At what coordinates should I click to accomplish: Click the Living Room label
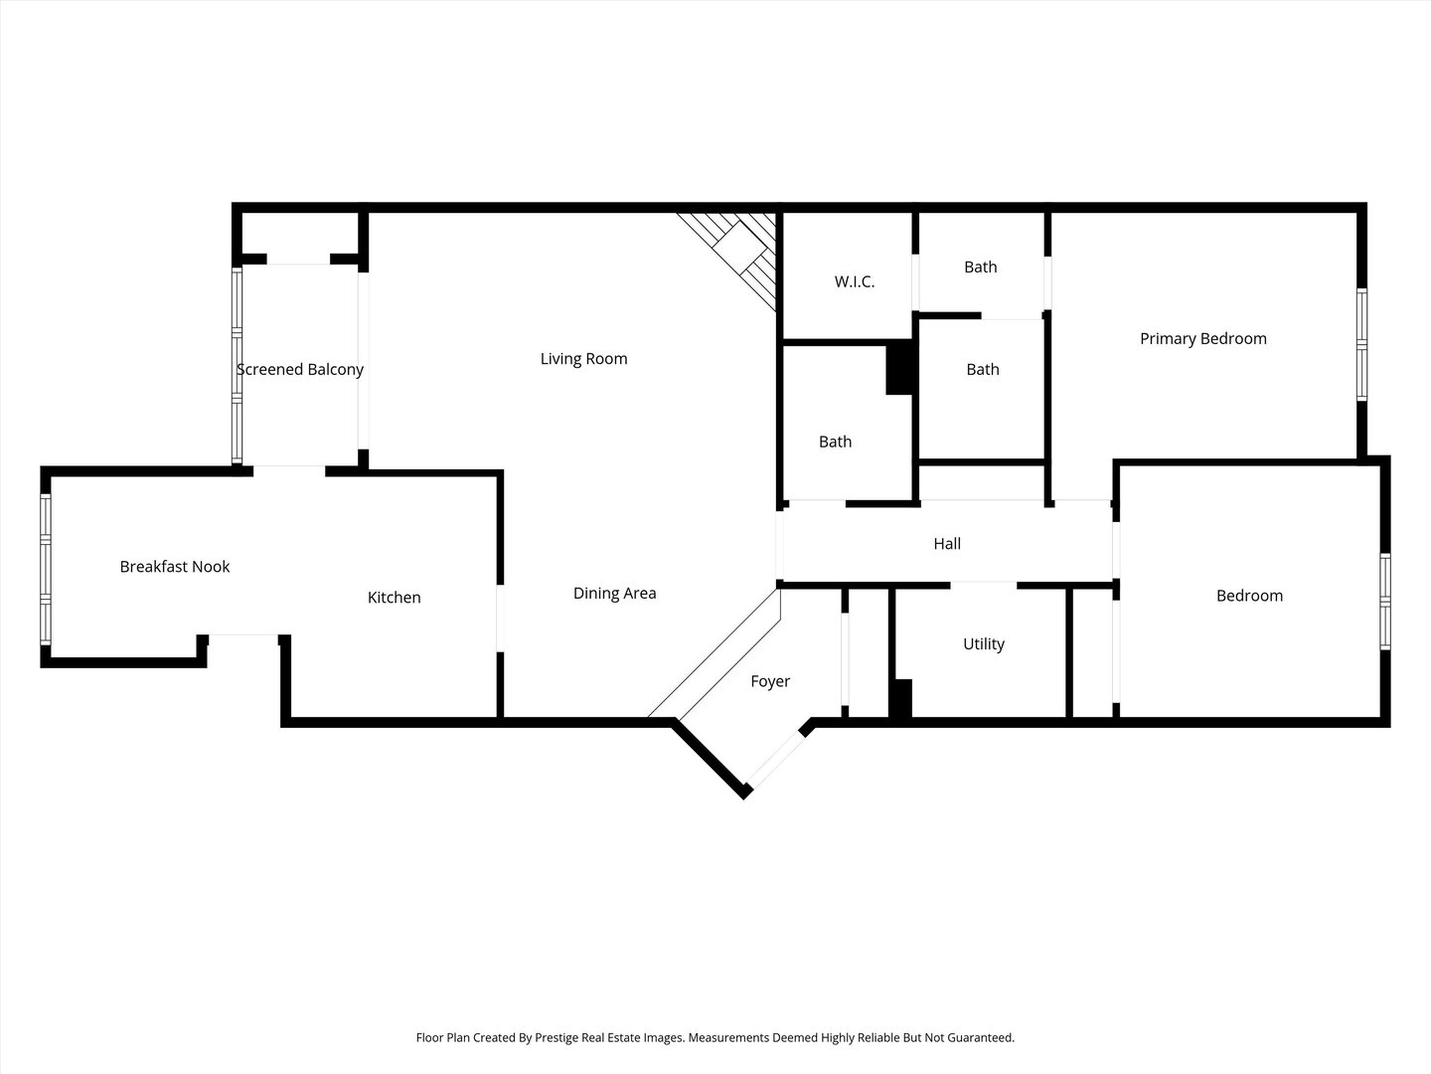[583, 359]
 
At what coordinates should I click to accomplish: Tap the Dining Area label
[614, 594]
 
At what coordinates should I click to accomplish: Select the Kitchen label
[394, 598]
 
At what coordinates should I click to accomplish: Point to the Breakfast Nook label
[175, 567]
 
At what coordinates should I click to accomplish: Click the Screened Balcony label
[300, 370]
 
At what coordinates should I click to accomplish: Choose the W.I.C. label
[854, 281]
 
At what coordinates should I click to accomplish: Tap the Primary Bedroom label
[1202, 339]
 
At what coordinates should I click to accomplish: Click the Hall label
[947, 544]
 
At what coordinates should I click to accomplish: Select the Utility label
[983, 644]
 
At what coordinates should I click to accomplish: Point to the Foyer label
[770, 681]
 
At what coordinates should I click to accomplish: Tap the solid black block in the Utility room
[900, 698]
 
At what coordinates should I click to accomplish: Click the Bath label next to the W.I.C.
[980, 268]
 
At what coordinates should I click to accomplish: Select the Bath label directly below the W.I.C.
[835, 443]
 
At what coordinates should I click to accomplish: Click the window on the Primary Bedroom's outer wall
[1361, 344]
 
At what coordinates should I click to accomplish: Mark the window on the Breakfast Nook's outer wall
[46, 569]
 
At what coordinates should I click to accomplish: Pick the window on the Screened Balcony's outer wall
[238, 366]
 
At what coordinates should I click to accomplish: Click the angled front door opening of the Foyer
[776, 761]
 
